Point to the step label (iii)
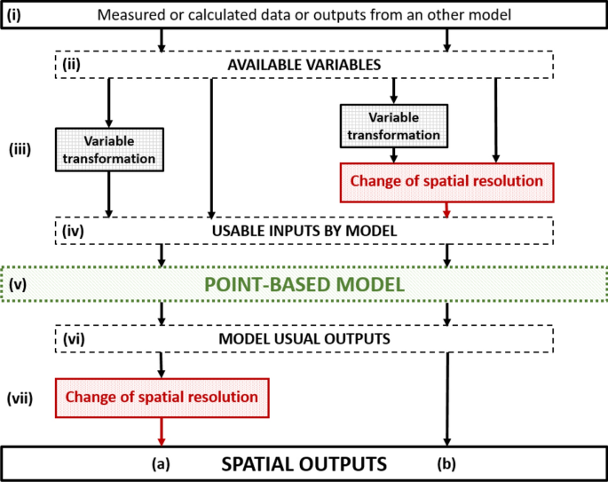coord(20,149)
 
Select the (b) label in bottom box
coord(446,463)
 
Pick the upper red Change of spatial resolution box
coord(446,181)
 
